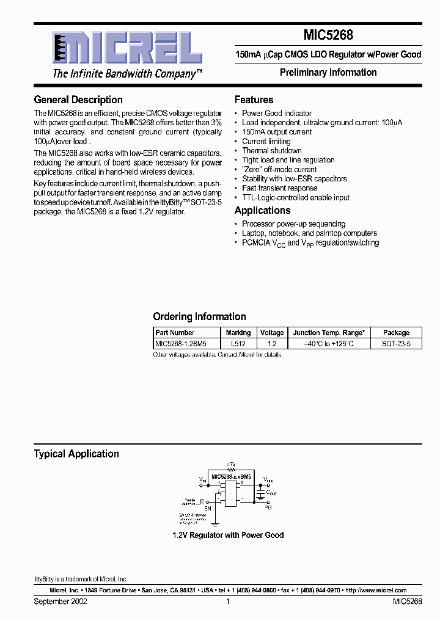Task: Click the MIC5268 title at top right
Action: coord(328,36)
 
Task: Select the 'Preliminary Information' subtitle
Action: coord(328,72)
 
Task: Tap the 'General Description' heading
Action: coord(78,100)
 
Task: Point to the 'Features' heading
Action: coord(254,100)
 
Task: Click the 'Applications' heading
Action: coord(262,210)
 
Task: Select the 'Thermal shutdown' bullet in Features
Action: coord(271,151)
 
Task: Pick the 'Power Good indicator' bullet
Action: coord(276,113)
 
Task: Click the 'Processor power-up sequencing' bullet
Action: coord(293,224)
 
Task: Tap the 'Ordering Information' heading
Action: coord(199,316)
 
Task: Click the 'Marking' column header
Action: coord(238,333)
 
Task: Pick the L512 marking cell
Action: coord(238,344)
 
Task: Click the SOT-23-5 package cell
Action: coord(396,344)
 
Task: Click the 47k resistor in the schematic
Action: coord(231,466)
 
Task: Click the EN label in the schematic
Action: coord(207,507)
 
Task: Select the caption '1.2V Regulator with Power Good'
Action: coord(228,535)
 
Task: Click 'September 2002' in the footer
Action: coord(61,602)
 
